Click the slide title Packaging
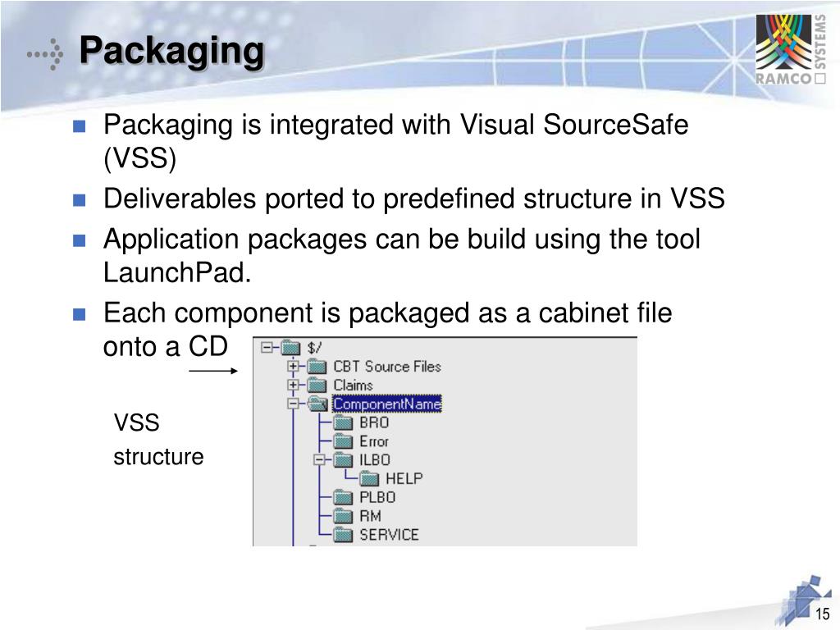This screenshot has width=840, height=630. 171,51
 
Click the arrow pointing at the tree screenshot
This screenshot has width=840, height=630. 212,371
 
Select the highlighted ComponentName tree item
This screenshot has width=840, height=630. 386,404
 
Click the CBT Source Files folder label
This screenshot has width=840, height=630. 386,367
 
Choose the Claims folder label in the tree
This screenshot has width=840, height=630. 353,385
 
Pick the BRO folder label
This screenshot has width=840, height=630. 374,422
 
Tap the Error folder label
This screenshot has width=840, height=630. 374,441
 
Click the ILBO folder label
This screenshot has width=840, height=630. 375,460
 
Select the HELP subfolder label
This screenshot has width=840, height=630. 404,478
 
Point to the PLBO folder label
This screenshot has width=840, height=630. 377,497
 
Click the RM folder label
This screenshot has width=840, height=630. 370,516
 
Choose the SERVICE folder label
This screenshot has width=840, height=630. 389,535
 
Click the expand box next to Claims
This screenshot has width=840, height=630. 292,385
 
